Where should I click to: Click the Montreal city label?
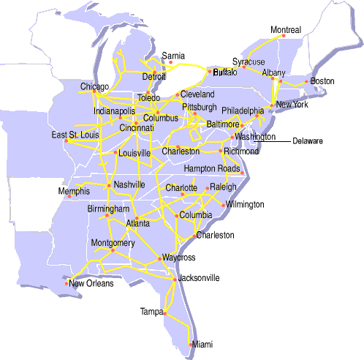[x=285, y=30]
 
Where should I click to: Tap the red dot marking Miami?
[x=192, y=344]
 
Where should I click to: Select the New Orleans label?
[x=91, y=283]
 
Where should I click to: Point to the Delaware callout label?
[x=307, y=140]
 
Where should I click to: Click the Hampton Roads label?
[x=212, y=169]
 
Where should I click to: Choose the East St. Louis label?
[x=73, y=135]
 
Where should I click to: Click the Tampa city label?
[x=152, y=312]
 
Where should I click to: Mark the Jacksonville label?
[x=198, y=278]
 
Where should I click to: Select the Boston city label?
[x=322, y=80]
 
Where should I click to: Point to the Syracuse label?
[x=249, y=61]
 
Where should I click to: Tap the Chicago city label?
[x=94, y=87]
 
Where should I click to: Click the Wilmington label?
[x=245, y=204]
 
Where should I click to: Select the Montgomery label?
[x=113, y=242]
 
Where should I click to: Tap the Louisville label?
[x=134, y=153]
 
